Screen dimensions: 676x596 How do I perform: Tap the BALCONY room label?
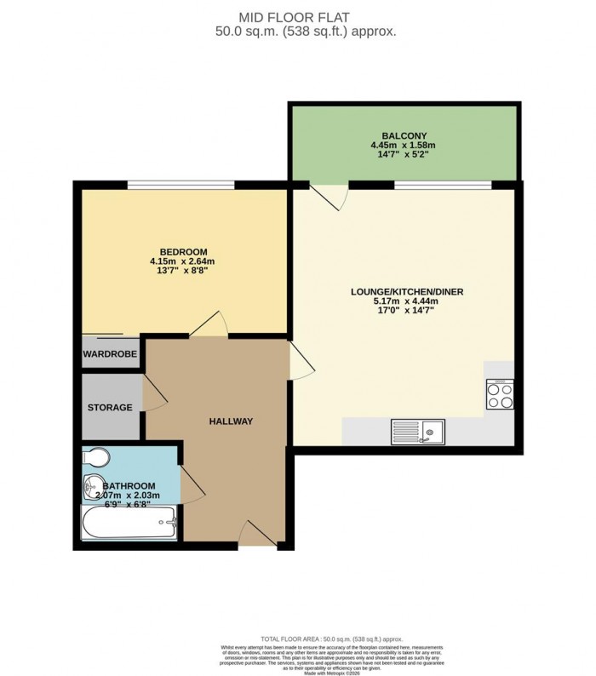click(404, 135)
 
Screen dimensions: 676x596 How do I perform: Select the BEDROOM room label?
click(183, 251)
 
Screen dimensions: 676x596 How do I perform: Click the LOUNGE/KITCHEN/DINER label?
click(407, 292)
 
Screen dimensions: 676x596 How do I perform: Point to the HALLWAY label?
click(232, 421)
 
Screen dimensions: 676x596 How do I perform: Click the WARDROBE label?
click(110, 353)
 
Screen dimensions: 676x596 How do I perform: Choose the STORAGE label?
click(110, 408)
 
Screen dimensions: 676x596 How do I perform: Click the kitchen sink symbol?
click(417, 433)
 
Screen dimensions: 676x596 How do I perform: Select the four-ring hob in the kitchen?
click(499, 393)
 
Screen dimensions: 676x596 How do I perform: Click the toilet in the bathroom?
click(95, 458)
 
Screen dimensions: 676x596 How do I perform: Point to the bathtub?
click(129, 522)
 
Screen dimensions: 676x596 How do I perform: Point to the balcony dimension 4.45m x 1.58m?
click(404, 146)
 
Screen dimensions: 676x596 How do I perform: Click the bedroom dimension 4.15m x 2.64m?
click(183, 261)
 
